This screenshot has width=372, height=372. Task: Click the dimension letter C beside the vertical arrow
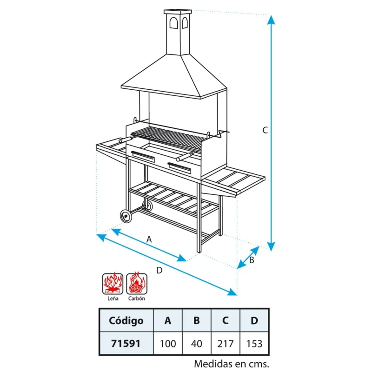pyautogui.click(x=265, y=130)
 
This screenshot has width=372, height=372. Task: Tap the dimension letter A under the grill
pyautogui.click(x=149, y=239)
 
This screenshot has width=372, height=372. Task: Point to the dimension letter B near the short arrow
pyautogui.click(x=252, y=260)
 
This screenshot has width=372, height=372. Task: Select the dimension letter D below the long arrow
pyautogui.click(x=159, y=270)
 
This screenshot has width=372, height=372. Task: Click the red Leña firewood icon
pyautogui.click(x=113, y=284)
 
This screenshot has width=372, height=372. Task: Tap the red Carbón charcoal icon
pyautogui.click(x=137, y=284)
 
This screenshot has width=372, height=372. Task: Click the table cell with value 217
pyautogui.click(x=226, y=344)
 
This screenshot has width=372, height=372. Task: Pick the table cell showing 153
pyautogui.click(x=254, y=344)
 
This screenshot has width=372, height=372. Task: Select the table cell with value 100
pyautogui.click(x=168, y=344)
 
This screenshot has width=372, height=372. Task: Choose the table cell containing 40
pyautogui.click(x=197, y=344)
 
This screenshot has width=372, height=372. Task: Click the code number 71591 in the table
pyautogui.click(x=126, y=344)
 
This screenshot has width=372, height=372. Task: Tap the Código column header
pyautogui.click(x=126, y=320)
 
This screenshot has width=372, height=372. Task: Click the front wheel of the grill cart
pyautogui.click(x=126, y=216)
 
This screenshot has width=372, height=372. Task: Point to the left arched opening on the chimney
pyautogui.click(x=173, y=22)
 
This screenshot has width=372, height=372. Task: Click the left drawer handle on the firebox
pyautogui.click(x=143, y=157)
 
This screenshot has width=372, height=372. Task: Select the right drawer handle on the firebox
pyautogui.click(x=179, y=168)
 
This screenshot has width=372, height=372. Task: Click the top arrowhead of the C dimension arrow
pyautogui.click(x=271, y=20)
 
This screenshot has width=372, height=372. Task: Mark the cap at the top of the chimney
pyautogui.click(x=178, y=12)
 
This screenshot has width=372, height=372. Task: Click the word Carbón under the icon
pyautogui.click(x=137, y=298)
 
